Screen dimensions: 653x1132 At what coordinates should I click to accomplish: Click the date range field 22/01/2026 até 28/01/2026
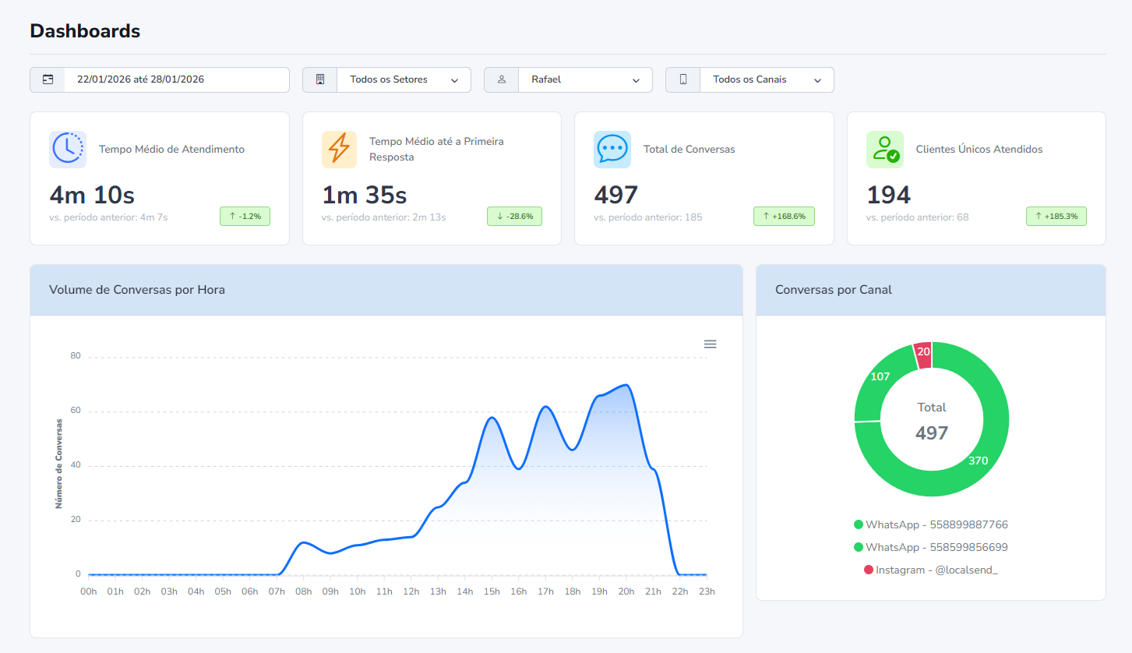(x=176, y=79)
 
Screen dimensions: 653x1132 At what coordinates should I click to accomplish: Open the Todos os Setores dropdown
(x=403, y=79)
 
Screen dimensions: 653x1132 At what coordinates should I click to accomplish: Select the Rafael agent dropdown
(x=584, y=79)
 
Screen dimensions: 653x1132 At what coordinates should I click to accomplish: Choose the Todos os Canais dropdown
(x=766, y=79)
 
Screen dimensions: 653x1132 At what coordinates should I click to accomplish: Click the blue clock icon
(x=68, y=149)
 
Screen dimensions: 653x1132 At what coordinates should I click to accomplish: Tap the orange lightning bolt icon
(x=340, y=149)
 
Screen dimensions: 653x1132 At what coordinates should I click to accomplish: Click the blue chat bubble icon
(x=612, y=149)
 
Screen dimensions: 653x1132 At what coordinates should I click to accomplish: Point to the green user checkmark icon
(x=885, y=149)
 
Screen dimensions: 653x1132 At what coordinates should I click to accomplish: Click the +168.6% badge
(x=784, y=216)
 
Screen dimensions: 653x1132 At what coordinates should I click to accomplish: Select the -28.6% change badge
(x=514, y=216)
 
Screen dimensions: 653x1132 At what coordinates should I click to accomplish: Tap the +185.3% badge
(x=1056, y=216)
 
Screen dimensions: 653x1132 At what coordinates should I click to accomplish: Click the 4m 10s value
(x=92, y=195)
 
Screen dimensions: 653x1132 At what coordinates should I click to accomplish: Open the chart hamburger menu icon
(x=710, y=344)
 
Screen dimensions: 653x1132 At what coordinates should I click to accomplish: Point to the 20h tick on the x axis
(x=626, y=591)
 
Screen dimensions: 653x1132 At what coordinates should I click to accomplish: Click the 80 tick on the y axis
(x=76, y=356)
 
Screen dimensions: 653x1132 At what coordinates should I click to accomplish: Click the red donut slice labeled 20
(x=923, y=352)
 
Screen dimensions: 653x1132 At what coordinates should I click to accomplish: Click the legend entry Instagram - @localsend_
(x=931, y=570)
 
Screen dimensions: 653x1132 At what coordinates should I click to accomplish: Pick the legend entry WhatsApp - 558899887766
(x=931, y=524)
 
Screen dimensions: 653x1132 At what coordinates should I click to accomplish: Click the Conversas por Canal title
(x=834, y=290)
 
